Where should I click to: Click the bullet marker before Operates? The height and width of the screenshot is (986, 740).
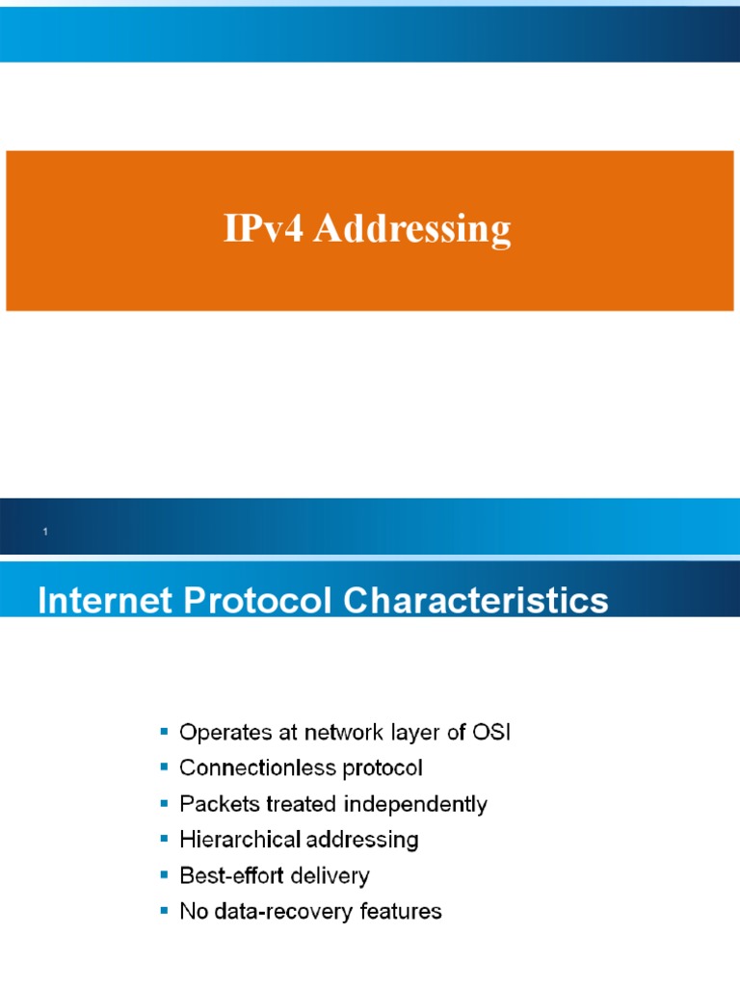(164, 733)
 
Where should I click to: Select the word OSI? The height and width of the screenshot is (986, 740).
(489, 733)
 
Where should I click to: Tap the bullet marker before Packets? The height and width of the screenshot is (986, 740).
(164, 804)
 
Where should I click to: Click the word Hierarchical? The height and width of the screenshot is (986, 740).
(240, 840)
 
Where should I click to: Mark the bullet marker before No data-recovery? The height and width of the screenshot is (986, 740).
(164, 911)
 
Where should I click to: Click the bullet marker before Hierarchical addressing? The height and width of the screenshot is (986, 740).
(164, 840)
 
